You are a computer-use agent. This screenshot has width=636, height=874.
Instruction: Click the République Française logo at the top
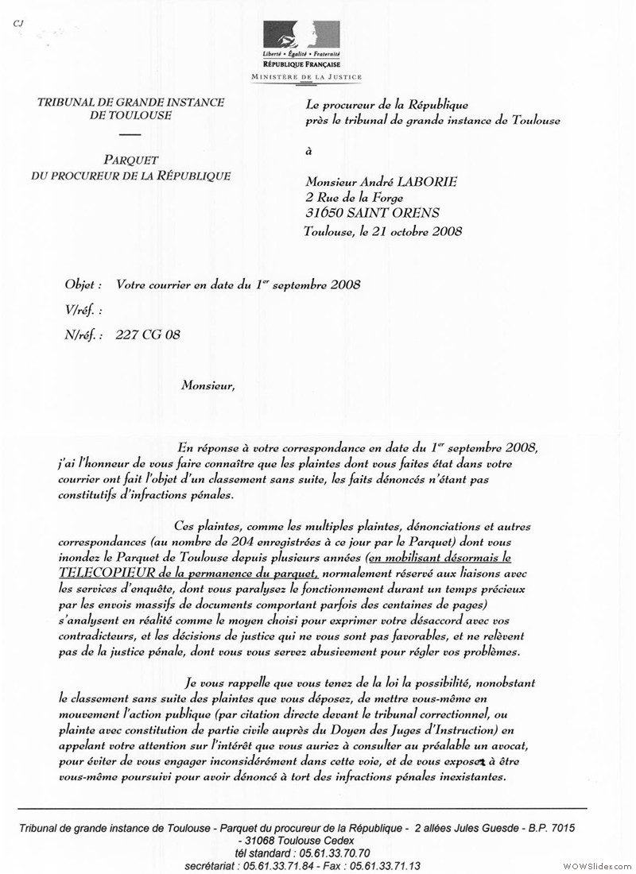306,44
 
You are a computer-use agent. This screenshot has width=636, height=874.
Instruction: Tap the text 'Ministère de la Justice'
306,78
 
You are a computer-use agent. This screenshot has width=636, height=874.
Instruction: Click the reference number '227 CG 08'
148,335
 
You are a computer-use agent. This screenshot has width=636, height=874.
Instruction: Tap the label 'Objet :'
83,284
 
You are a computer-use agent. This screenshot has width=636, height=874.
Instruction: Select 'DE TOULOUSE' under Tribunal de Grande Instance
130,117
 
